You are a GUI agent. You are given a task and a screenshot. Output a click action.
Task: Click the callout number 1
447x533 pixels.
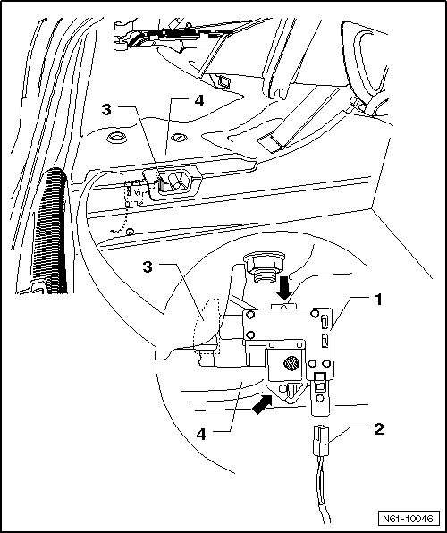pyautogui.click(x=378, y=300)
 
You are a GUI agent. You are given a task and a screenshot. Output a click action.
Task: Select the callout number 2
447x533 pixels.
pyautogui.click(x=379, y=429)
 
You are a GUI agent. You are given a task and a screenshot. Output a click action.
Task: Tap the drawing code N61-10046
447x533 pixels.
pyautogui.click(x=408, y=519)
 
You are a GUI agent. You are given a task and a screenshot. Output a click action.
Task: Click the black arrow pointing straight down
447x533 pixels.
pyautogui.click(x=284, y=288)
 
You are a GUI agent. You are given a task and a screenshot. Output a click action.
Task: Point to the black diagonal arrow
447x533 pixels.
pyautogui.click(x=263, y=404)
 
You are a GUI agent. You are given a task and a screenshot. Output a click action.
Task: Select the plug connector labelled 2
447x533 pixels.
pyautogui.click(x=320, y=441)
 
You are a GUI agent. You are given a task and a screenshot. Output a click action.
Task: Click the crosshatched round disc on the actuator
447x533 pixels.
pyautogui.click(x=291, y=363)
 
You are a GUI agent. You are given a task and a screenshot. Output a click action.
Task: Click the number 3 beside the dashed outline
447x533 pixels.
pyautogui.click(x=148, y=267)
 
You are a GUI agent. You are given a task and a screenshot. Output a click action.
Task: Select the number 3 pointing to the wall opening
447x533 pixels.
pyautogui.click(x=106, y=110)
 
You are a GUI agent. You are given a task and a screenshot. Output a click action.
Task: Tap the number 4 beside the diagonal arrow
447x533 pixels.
pyautogui.click(x=201, y=435)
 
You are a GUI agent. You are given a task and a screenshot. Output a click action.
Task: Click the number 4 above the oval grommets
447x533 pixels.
pyautogui.click(x=198, y=101)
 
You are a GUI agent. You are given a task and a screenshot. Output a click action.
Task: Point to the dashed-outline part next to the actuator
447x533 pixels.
pyautogui.click(x=207, y=326)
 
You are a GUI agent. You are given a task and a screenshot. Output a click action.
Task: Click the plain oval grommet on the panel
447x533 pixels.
pyautogui.click(x=116, y=138)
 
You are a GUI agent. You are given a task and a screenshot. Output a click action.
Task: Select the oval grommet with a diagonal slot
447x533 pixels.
pyautogui.click(x=179, y=138)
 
